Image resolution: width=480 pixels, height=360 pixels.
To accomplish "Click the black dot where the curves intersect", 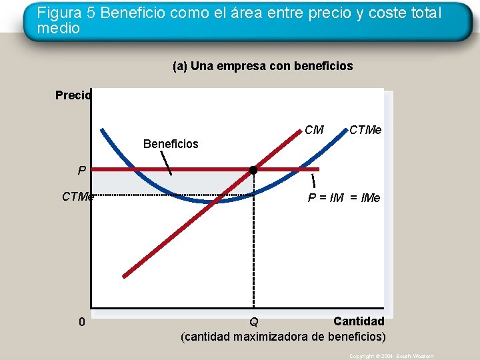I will point(253,170).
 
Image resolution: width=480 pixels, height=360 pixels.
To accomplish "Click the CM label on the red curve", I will point(314,130).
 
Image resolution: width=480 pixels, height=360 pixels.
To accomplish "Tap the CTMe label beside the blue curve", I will point(365,130).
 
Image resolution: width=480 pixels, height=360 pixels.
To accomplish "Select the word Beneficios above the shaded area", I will point(171,144).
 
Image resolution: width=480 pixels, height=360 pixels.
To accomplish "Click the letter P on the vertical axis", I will point(81,171).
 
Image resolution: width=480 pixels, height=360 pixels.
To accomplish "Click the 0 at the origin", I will point(81,322).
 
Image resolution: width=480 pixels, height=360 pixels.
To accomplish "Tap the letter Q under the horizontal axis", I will point(254,323).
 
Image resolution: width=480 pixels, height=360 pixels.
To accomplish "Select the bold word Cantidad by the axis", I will point(359,321).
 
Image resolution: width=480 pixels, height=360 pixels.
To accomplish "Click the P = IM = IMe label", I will point(343,197).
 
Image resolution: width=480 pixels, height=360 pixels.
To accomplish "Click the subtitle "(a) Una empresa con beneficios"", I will point(263,66).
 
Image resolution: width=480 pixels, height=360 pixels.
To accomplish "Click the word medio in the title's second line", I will point(59,29).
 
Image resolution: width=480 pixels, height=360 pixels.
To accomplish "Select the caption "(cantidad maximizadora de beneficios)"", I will point(283,336).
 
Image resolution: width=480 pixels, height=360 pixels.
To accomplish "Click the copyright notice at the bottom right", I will point(391,357).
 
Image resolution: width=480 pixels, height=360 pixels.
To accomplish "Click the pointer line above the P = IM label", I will point(313,180).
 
